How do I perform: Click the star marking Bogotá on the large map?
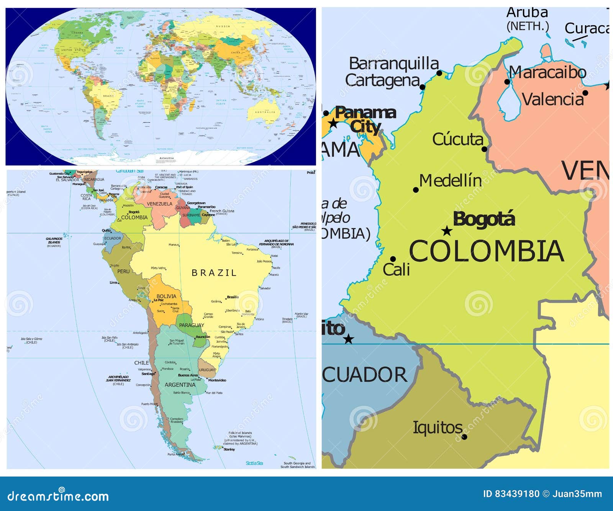(447, 231)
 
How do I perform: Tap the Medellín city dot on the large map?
(416, 190)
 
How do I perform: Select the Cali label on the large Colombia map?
(397, 270)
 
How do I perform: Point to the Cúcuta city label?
(458, 139)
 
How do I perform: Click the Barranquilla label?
(394, 64)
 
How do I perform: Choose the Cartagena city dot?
(423, 87)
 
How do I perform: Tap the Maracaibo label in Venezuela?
(548, 72)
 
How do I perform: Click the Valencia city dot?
(585, 93)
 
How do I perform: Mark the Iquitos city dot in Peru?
(464, 437)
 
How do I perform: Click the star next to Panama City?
(333, 123)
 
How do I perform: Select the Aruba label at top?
(527, 13)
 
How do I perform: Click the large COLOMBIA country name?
(487, 251)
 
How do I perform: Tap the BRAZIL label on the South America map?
(214, 273)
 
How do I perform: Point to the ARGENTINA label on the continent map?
(180, 385)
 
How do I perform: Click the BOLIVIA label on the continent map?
(166, 296)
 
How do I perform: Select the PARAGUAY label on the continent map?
(192, 325)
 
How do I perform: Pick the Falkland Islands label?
(240, 433)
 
